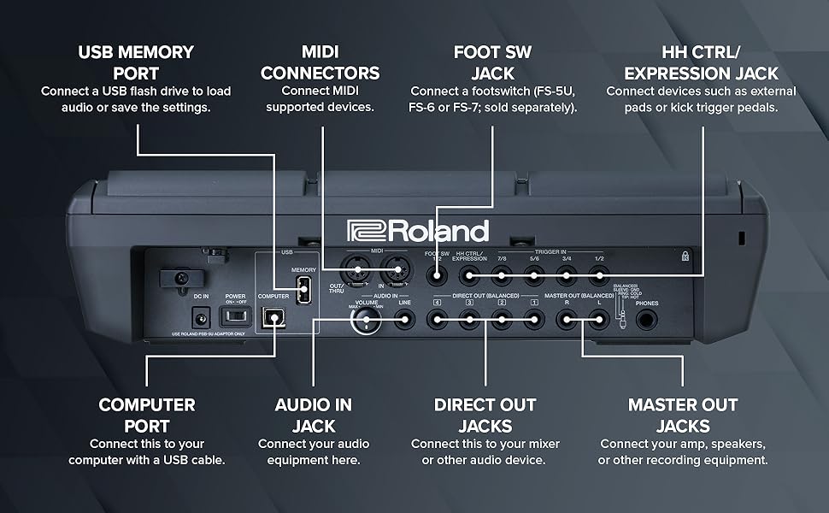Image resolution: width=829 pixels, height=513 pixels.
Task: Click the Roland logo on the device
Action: tap(418, 231)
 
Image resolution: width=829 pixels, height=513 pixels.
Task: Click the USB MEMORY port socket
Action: tap(303, 292)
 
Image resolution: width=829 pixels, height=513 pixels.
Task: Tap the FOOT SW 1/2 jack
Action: tap(436, 275)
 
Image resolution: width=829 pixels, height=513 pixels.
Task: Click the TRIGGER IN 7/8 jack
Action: tap(501, 275)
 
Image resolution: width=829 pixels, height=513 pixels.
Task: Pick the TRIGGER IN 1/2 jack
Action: tap(598, 275)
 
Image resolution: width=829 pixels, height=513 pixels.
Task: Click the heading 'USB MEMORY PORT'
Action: tap(137, 62)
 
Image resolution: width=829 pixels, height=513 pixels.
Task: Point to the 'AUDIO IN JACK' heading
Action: tap(313, 415)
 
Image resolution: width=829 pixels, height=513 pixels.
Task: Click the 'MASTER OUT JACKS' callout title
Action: tap(683, 415)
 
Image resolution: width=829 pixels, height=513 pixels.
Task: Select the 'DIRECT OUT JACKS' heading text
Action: tap(485, 415)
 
